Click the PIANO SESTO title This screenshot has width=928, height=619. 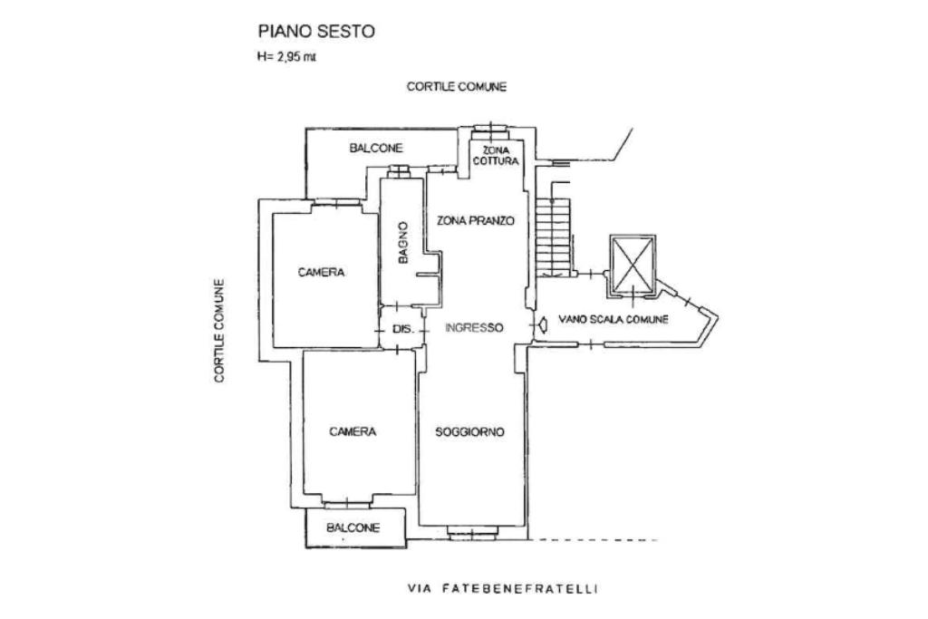pos(316,31)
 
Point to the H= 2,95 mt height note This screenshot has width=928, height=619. pos(286,57)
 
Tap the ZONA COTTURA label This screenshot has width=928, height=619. pos(496,156)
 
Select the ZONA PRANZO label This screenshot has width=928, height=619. pos(476,221)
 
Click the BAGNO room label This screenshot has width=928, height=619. pos(403,243)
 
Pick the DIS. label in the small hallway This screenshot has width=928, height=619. pos(403,329)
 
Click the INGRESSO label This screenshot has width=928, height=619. pos(474,327)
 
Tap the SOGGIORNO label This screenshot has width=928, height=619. pos(470,432)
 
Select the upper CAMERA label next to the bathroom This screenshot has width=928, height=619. pos(322,272)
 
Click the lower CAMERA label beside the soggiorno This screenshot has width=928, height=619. pos(353,432)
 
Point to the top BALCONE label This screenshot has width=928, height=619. pos(376,148)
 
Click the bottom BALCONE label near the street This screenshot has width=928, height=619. pos(353,527)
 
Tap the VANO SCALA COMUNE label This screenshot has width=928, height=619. pos(614,320)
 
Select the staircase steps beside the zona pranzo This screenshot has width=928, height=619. pos(554,237)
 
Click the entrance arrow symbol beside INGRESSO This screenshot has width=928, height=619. pos(542,325)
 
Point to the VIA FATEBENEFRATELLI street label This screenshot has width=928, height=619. pos(503,589)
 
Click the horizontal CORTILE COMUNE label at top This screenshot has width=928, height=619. pos(457,87)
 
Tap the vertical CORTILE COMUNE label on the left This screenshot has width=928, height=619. pos(219,331)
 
